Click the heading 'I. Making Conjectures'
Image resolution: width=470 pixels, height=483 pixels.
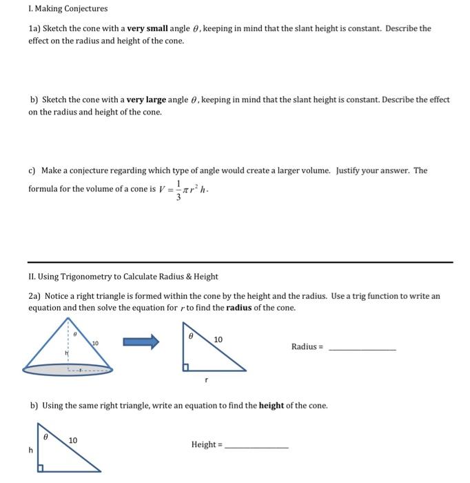tap(68, 9)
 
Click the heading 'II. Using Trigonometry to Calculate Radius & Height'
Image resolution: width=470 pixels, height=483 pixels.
tap(123, 277)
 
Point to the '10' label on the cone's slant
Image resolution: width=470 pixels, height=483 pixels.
tap(95, 343)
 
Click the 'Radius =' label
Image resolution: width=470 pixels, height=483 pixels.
tap(307, 346)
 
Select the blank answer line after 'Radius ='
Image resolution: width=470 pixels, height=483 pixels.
tap(362, 351)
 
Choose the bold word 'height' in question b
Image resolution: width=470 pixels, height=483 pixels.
tap(271, 406)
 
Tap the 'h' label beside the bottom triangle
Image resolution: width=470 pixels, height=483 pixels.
tap(30, 450)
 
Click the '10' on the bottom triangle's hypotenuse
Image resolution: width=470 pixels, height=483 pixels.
tap(73, 440)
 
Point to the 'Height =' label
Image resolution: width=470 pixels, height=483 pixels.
tap(207, 444)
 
